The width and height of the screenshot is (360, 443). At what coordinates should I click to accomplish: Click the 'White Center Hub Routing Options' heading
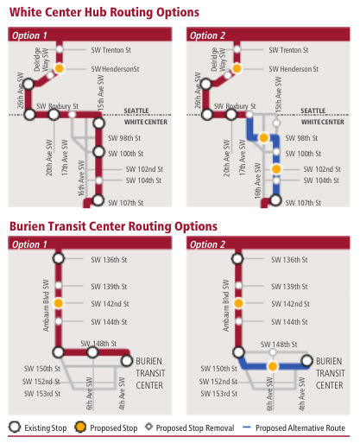click(104, 12)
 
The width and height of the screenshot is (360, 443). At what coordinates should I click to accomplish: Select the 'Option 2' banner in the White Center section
click(205, 35)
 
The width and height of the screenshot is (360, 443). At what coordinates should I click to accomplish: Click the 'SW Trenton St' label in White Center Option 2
click(294, 51)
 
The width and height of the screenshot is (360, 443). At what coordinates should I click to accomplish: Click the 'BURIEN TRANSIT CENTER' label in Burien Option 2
click(330, 372)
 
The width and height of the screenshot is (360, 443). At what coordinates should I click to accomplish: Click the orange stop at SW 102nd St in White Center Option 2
click(276, 169)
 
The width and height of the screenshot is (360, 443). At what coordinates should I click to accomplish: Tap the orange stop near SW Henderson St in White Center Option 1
click(60, 67)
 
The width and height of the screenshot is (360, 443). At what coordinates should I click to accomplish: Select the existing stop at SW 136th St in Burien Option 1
click(59, 258)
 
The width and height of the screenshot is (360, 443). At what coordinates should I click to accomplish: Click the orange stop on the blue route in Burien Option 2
click(273, 366)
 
